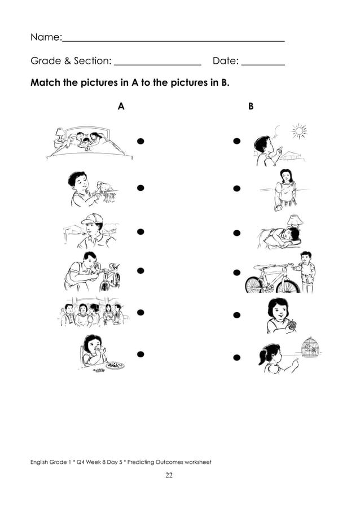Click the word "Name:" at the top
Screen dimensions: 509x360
pos(45,37)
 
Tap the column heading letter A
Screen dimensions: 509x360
pos(121,106)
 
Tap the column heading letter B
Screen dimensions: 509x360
pos(251,106)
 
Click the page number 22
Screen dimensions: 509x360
pos(169,475)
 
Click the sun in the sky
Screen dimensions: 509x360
pos(298,131)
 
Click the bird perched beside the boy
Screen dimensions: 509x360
pos(105,187)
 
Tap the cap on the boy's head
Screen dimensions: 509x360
pos(93,218)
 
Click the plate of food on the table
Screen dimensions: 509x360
pos(115,365)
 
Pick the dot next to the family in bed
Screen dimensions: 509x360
pos(141,141)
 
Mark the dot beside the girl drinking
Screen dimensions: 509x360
pos(141,354)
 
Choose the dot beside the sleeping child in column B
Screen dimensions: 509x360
pos(237,232)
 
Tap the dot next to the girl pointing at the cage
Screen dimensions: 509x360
pos(237,358)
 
